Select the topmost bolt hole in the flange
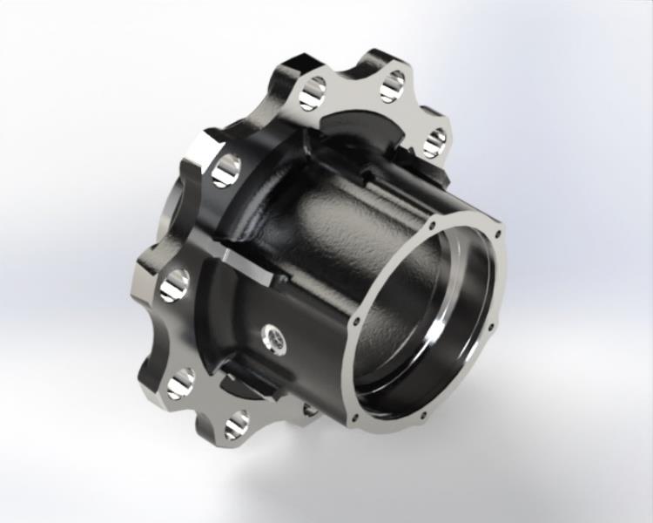coord(393,85)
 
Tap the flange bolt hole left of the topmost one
coord(313,93)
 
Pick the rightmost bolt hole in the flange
coord(435,140)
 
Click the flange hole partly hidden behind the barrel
coord(310,409)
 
